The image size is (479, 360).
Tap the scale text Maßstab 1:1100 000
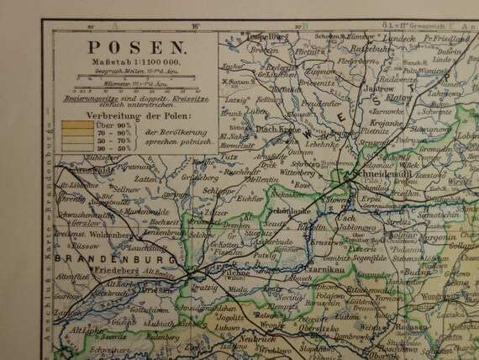[x=126, y=63]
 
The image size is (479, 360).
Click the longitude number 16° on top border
[x=195, y=25]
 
